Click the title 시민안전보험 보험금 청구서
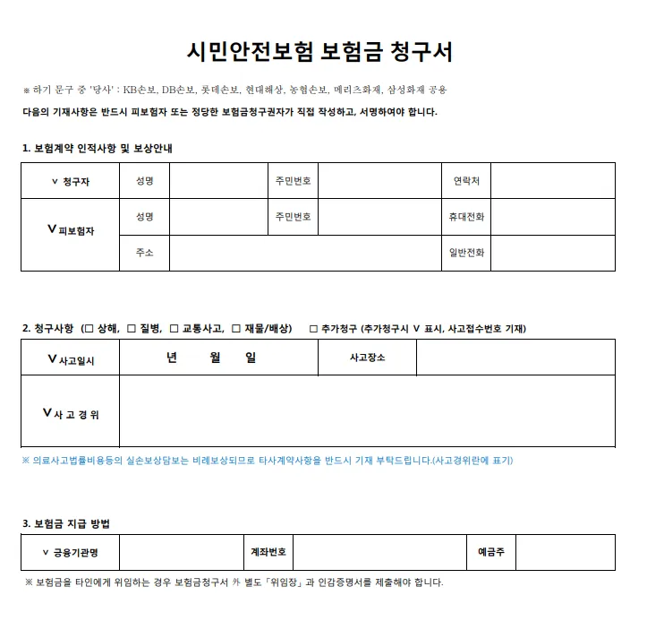[x=319, y=51]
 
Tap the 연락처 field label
[x=466, y=181]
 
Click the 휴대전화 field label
[x=466, y=217]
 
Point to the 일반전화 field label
[x=466, y=253]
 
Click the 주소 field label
[x=144, y=253]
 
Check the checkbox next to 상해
[x=87, y=329]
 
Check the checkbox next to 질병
[x=131, y=329]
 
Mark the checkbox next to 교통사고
[x=175, y=329]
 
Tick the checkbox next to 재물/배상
[x=236, y=329]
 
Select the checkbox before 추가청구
[x=313, y=329]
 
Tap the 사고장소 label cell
[x=367, y=358]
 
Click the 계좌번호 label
[x=268, y=552]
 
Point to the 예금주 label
[x=490, y=552]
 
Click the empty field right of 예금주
[x=565, y=552]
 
